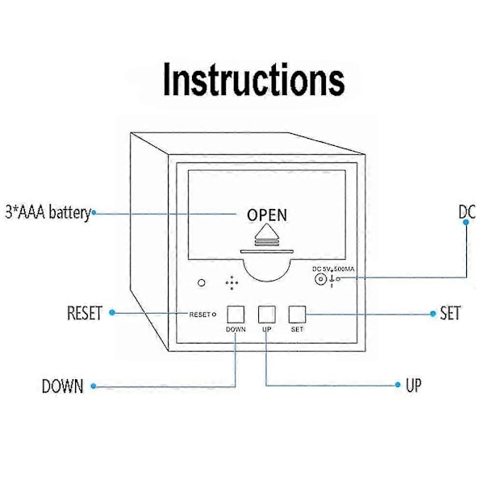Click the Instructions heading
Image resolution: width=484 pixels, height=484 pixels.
point(254,79)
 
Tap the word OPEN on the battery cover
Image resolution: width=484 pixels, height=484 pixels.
point(267,215)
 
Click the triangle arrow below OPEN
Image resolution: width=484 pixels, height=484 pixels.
point(267,232)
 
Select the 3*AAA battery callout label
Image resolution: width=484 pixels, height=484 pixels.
point(48,213)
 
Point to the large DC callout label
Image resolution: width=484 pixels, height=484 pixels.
point(467,212)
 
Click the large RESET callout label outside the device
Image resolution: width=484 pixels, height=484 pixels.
point(85,313)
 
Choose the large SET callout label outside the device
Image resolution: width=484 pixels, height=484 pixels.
point(450,313)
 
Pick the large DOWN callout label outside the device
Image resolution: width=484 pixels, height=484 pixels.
point(63,386)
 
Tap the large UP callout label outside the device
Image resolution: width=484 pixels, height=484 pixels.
point(413,385)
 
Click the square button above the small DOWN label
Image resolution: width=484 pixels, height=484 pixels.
point(236,315)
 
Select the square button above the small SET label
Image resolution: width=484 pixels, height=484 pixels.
point(297,315)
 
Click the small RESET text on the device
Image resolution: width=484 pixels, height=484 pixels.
point(200,315)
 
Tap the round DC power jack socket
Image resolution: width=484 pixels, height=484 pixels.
point(320,279)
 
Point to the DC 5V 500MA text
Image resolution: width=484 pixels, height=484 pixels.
point(333,269)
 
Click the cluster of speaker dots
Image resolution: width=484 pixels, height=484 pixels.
point(232,283)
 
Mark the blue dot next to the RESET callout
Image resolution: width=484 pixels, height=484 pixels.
point(112,313)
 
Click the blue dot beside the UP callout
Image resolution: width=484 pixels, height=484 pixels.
point(398,385)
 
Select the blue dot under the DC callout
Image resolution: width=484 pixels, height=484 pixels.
point(466,222)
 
